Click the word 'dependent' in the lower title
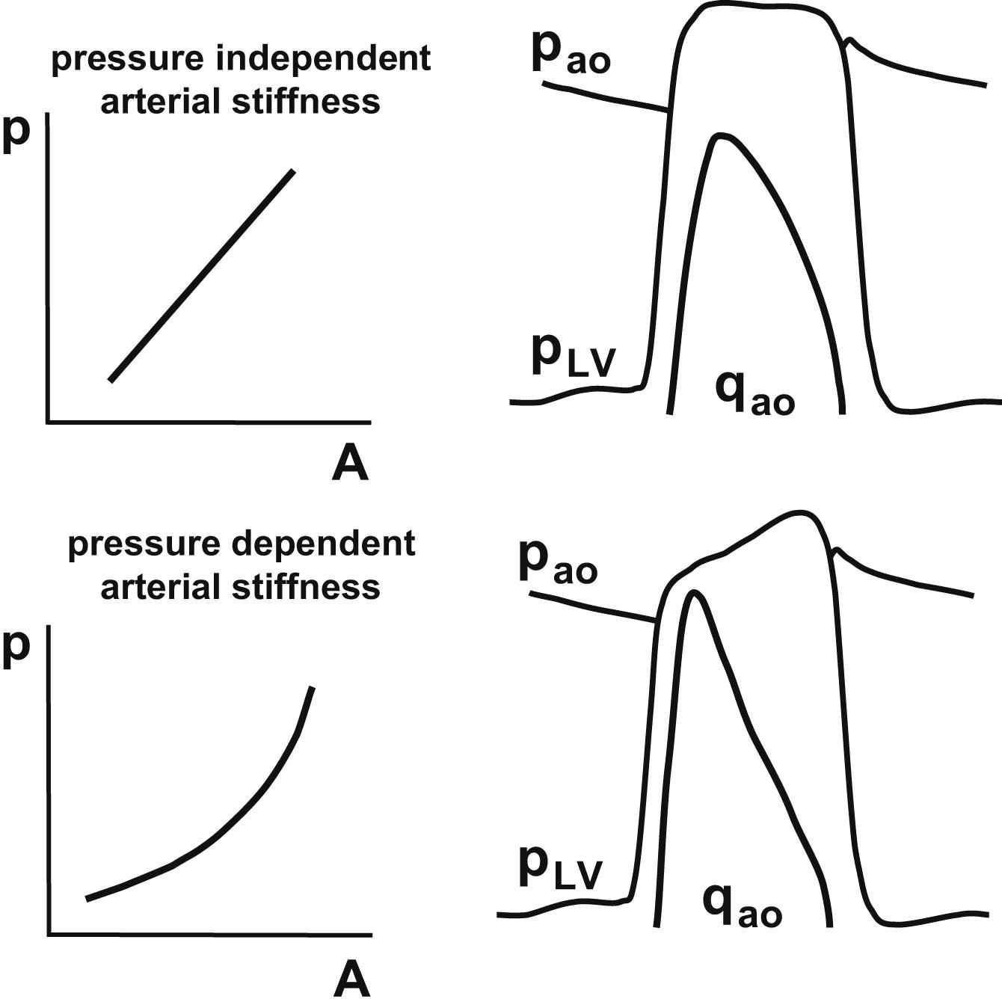pos(323,545)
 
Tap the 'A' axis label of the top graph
pos(350,464)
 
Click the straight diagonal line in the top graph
pos(202,276)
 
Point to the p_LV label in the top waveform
pos(573,357)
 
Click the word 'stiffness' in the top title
pos(307,102)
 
